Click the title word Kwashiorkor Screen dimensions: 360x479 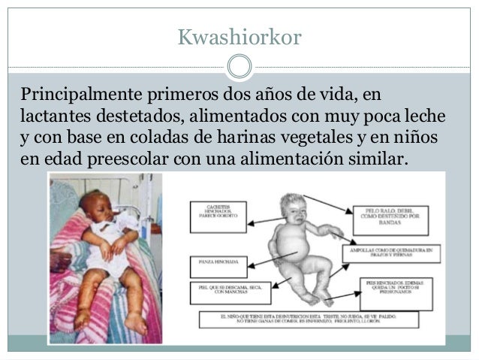click(239, 36)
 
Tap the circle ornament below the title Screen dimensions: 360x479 click(239, 65)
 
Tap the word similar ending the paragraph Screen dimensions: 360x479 click(377, 162)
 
